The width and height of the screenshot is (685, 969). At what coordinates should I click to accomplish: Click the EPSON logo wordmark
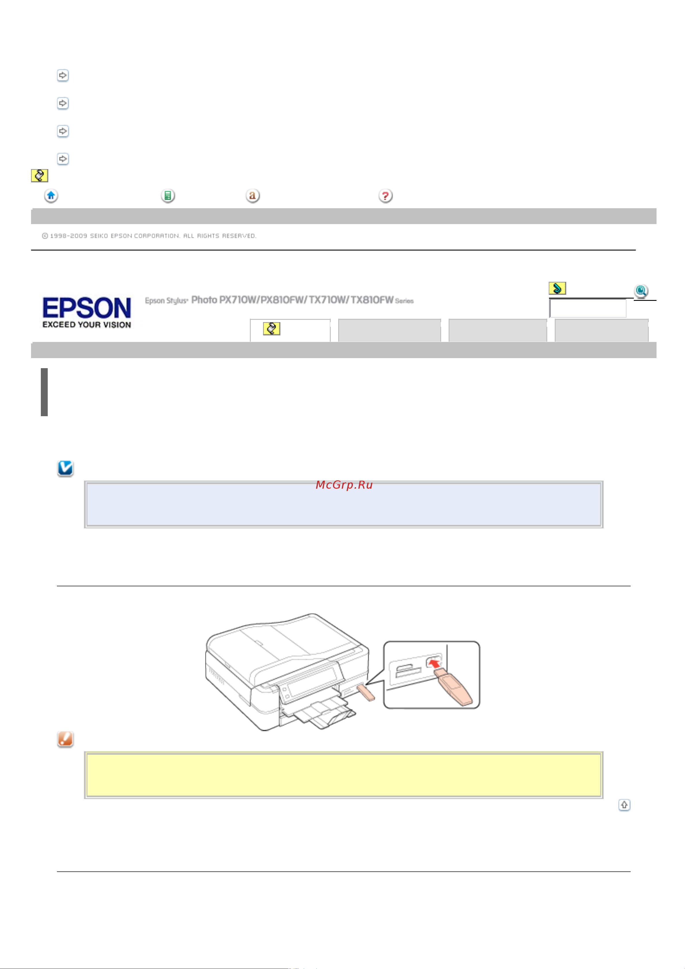pos(87,308)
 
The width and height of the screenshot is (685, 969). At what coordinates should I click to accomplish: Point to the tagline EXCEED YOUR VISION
pos(87,324)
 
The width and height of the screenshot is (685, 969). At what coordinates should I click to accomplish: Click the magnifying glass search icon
pos(641,291)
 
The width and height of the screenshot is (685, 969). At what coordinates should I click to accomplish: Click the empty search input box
pos(588,308)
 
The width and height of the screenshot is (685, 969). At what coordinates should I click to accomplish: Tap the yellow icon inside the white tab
pos(271,328)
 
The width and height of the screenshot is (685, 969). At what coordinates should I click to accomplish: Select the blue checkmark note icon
pos(65,468)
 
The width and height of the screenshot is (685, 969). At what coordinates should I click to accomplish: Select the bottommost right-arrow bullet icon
pos(62,159)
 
